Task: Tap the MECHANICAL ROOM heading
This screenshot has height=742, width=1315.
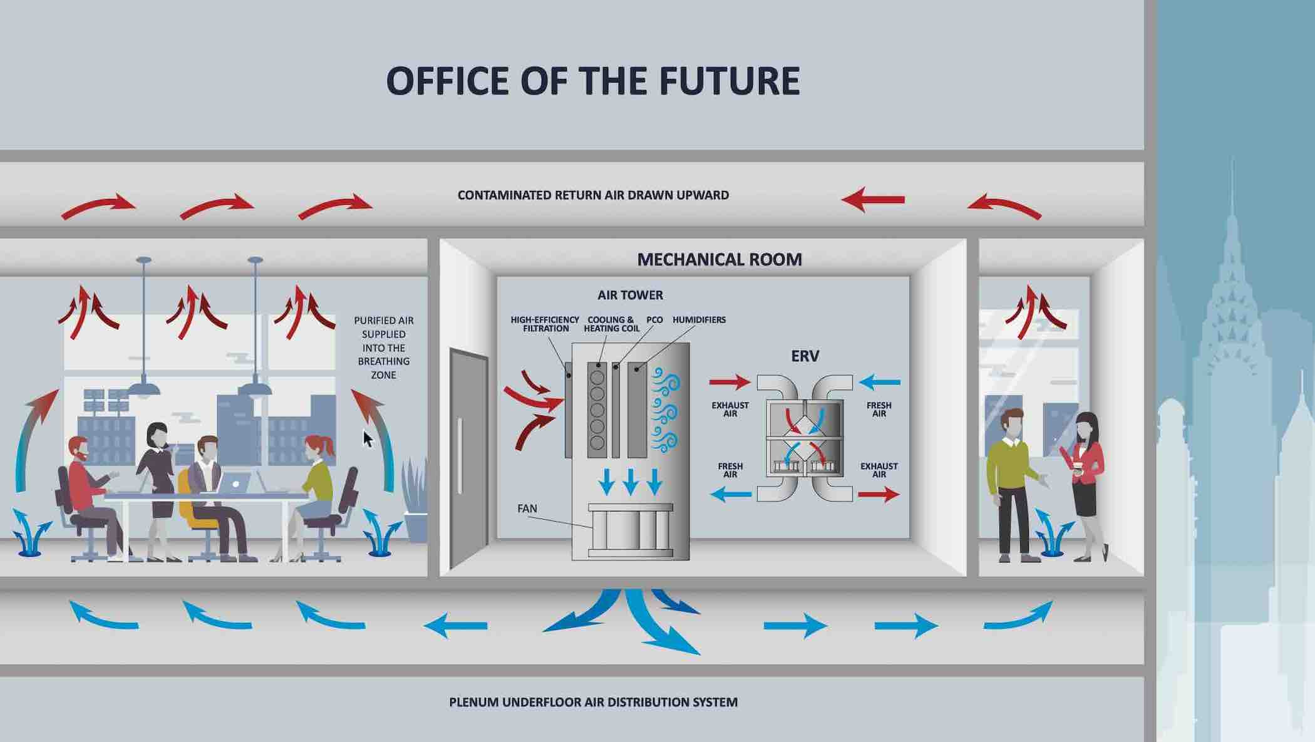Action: point(719,259)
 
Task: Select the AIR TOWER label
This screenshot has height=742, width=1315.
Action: point(630,295)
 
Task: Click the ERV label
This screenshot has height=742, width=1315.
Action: point(805,356)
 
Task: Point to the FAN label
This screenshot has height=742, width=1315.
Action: point(527,508)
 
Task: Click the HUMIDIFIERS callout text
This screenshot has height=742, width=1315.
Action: point(699,320)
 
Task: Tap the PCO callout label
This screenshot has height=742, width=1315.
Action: point(654,320)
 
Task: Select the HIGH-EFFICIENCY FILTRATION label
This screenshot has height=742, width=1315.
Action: point(545,324)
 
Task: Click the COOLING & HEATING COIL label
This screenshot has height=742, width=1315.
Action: point(611,324)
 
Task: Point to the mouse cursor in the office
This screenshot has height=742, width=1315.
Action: point(368,438)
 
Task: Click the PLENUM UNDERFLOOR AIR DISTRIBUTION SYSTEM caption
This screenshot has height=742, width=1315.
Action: point(593,702)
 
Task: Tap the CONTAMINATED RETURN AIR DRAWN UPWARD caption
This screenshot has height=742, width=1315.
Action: point(593,195)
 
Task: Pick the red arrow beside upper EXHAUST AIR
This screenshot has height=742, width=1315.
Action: point(730,381)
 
